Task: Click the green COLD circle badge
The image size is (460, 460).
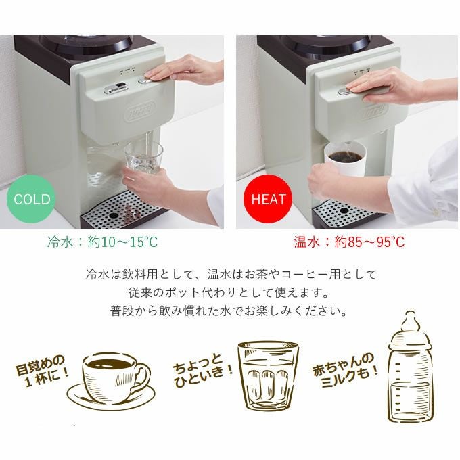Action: pyautogui.click(x=32, y=199)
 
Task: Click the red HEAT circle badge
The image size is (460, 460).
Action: pyautogui.click(x=268, y=199)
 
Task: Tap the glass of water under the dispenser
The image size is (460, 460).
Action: pyautogui.click(x=143, y=159)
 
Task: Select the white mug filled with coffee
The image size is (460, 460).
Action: pyautogui.click(x=345, y=158)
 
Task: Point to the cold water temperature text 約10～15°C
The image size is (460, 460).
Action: pyautogui.click(x=122, y=242)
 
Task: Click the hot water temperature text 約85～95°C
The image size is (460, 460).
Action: pyautogui.click(x=369, y=242)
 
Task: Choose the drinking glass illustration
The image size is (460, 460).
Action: pyautogui.click(x=268, y=376)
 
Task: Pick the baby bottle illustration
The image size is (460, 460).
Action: pyautogui.click(x=411, y=367)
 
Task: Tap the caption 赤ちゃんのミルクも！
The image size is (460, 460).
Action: pyautogui.click(x=346, y=370)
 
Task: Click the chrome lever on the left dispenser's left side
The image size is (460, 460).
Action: pyautogui.click(x=115, y=89)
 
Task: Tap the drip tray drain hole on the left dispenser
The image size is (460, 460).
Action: pyautogui.click(x=113, y=215)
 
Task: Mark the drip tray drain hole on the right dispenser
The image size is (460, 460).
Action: pyautogui.click(x=344, y=210)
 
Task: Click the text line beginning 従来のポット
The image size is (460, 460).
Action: pyautogui.click(x=228, y=292)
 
